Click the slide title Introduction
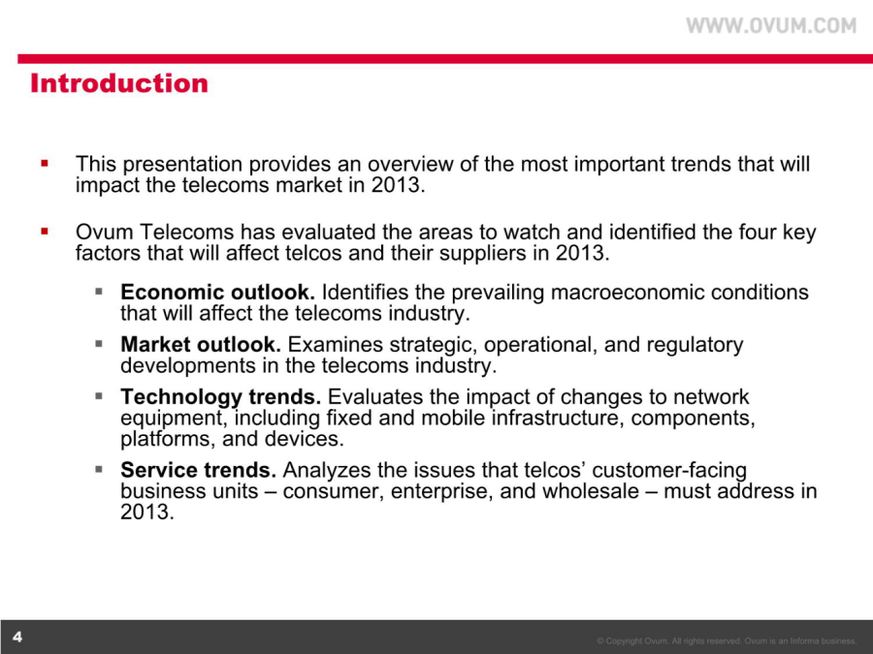pyautogui.click(x=119, y=83)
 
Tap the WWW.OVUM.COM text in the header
pyautogui.click(x=771, y=25)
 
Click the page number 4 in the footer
pyautogui.click(x=17, y=637)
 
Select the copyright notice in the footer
pyautogui.click(x=727, y=641)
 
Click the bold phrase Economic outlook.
pyautogui.click(x=217, y=292)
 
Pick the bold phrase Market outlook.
pyautogui.click(x=201, y=344)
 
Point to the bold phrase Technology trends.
pyautogui.click(x=220, y=397)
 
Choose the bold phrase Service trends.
pyautogui.click(x=198, y=470)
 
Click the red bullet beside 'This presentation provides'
pyautogui.click(x=45, y=164)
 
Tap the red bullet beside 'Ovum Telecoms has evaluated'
pyautogui.click(x=45, y=232)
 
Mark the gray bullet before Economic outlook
pyautogui.click(x=99, y=291)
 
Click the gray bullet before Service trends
pyautogui.click(x=99, y=469)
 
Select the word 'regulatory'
pyautogui.click(x=695, y=345)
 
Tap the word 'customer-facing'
pyautogui.click(x=669, y=471)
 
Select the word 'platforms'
pyautogui.click(x=168, y=439)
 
